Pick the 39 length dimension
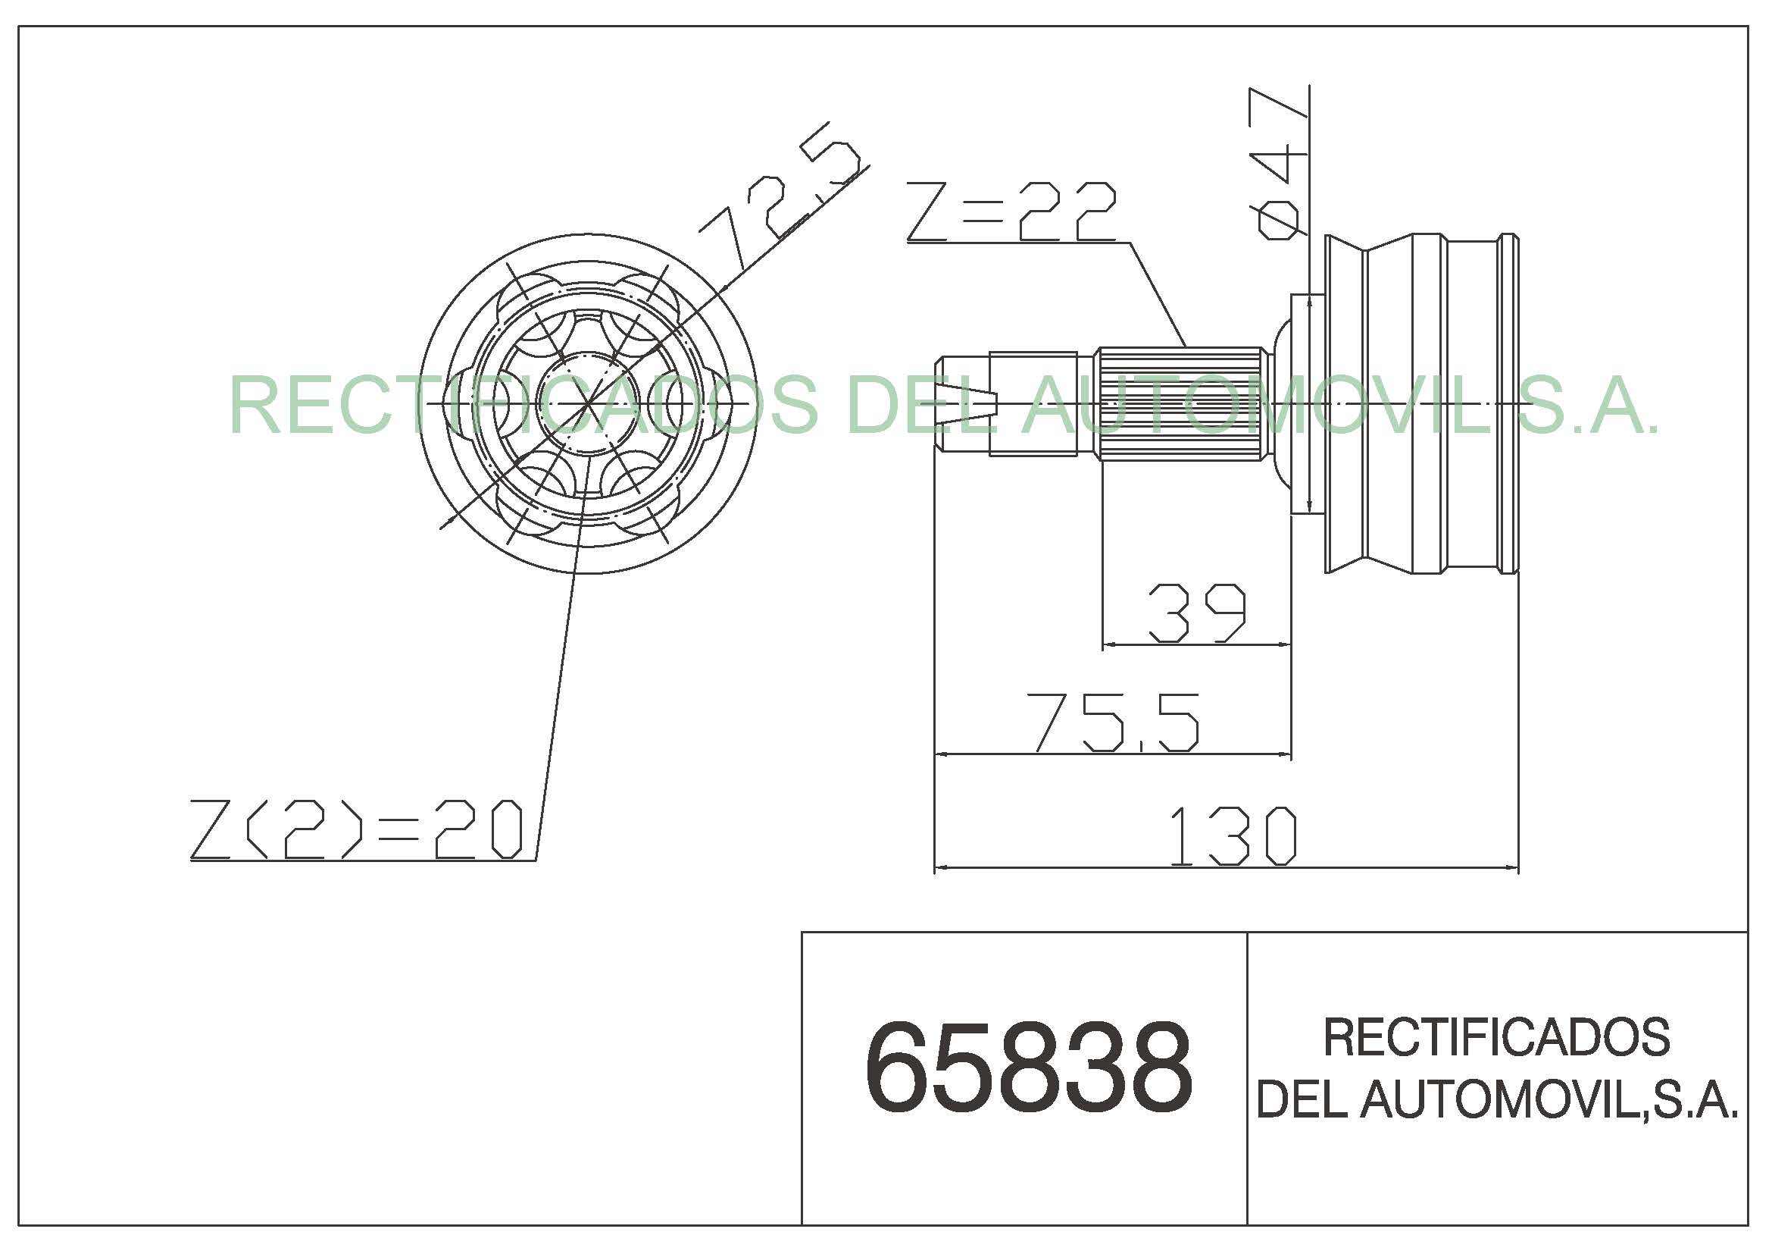point(1197,613)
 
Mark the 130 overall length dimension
point(1233,836)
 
